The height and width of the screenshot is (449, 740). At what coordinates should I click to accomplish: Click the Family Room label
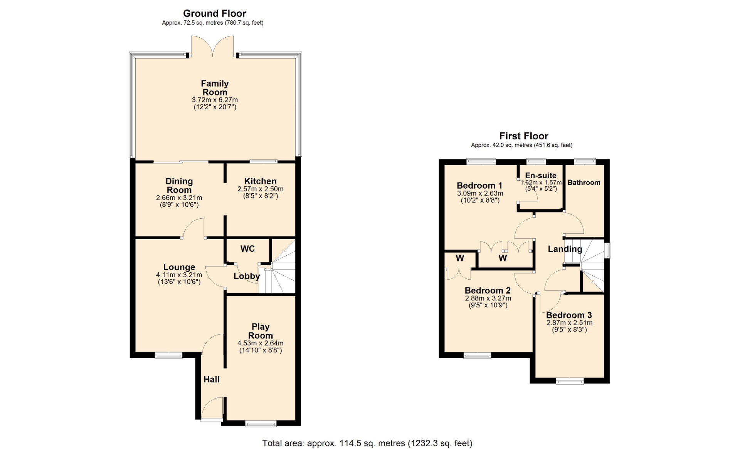click(215, 88)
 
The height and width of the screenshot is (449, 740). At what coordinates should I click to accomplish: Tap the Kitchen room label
click(260, 181)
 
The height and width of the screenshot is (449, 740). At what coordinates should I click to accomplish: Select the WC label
click(247, 249)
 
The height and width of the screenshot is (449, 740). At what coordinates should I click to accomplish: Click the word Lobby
click(247, 276)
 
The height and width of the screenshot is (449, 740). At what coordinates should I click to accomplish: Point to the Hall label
click(211, 379)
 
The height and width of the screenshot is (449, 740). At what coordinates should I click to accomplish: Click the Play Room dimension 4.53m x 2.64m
click(261, 343)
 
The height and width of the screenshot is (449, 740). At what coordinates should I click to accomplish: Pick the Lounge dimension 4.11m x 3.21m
click(179, 275)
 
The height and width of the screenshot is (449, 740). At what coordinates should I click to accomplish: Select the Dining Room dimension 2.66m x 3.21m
click(179, 198)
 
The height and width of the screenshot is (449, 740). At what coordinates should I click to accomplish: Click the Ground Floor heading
click(215, 13)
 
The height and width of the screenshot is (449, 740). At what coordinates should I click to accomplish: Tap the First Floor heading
click(523, 136)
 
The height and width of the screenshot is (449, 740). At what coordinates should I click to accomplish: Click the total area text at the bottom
click(367, 443)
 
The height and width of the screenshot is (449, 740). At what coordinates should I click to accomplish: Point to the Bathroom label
click(584, 183)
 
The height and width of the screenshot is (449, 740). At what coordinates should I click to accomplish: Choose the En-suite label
click(541, 176)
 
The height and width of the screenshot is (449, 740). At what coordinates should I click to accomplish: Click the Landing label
click(565, 249)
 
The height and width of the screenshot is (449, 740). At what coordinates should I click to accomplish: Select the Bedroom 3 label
click(569, 315)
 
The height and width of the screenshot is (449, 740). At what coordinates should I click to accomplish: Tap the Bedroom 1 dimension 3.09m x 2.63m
click(480, 193)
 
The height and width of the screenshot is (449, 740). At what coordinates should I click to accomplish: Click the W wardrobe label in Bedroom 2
click(460, 258)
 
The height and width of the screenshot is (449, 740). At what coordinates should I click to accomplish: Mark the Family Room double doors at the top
click(212, 46)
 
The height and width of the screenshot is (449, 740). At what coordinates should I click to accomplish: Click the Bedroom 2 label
click(488, 290)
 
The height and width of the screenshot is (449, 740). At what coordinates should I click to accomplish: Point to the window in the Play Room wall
click(261, 424)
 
